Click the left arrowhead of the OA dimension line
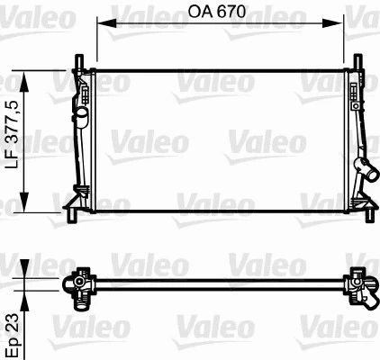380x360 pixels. coord(100,25)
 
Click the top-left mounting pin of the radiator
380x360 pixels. coord(78,60)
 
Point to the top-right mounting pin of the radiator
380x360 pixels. coord(360,60)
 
